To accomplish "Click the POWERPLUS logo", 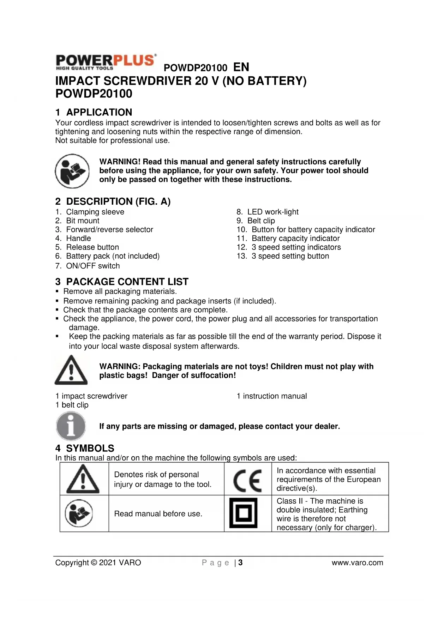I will (x=106, y=62).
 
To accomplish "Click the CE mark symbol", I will (x=247, y=480).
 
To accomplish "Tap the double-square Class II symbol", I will (x=243, y=513).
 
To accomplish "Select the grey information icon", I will (x=71, y=426).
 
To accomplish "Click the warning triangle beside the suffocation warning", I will (x=71, y=370).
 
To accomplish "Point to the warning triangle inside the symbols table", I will (x=83, y=479).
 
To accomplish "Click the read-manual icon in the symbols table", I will (x=79, y=513).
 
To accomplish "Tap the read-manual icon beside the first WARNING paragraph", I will (x=72, y=171).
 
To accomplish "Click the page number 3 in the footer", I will (x=240, y=563).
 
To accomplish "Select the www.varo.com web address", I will (x=357, y=563).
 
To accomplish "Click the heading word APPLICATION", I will (x=99, y=112).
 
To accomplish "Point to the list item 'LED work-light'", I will (x=272, y=212).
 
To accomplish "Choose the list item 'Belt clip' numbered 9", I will (x=261, y=221).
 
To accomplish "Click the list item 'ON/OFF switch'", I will (x=93, y=266).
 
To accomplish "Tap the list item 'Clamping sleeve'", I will (x=95, y=212).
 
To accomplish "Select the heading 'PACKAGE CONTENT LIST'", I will (x=127, y=282).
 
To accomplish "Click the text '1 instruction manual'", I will (x=271, y=396).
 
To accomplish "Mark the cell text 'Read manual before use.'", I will (x=158, y=513).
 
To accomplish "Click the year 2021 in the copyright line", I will (x=108, y=563).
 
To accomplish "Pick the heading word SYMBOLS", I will (x=90, y=448).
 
